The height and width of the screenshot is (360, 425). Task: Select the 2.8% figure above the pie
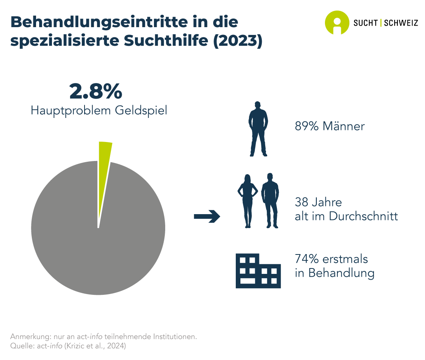click(x=96, y=91)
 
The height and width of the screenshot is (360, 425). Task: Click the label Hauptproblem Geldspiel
click(x=99, y=111)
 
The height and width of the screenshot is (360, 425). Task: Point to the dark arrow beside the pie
click(x=207, y=216)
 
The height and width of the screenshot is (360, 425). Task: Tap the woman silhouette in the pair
click(x=247, y=200)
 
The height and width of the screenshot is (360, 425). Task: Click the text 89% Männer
click(x=330, y=126)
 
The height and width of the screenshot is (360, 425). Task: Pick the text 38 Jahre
click(x=318, y=202)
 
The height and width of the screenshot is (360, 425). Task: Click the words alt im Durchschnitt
click(x=346, y=216)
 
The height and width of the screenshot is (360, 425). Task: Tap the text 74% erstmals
click(x=331, y=259)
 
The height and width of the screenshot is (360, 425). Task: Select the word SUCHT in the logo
click(x=366, y=23)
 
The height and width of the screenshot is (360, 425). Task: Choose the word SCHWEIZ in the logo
click(x=401, y=23)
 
